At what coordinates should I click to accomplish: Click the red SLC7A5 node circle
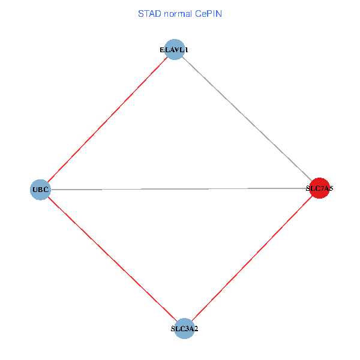[319, 188]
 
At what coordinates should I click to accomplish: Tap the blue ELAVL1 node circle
[174, 50]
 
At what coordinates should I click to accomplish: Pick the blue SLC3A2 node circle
[184, 328]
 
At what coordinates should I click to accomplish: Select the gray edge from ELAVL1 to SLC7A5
[246, 119]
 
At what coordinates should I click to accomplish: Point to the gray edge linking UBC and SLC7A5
[179, 189]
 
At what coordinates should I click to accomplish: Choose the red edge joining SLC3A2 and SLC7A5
[251, 259]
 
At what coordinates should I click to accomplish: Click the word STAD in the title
[148, 13]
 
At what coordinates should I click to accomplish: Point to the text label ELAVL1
[174, 50]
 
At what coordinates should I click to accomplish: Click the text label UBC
[40, 190]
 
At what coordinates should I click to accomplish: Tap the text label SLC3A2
[184, 329]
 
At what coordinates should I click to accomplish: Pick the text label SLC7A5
[319, 188]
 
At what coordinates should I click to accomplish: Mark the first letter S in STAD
[140, 13]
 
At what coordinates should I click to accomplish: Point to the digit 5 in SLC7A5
[330, 188]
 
